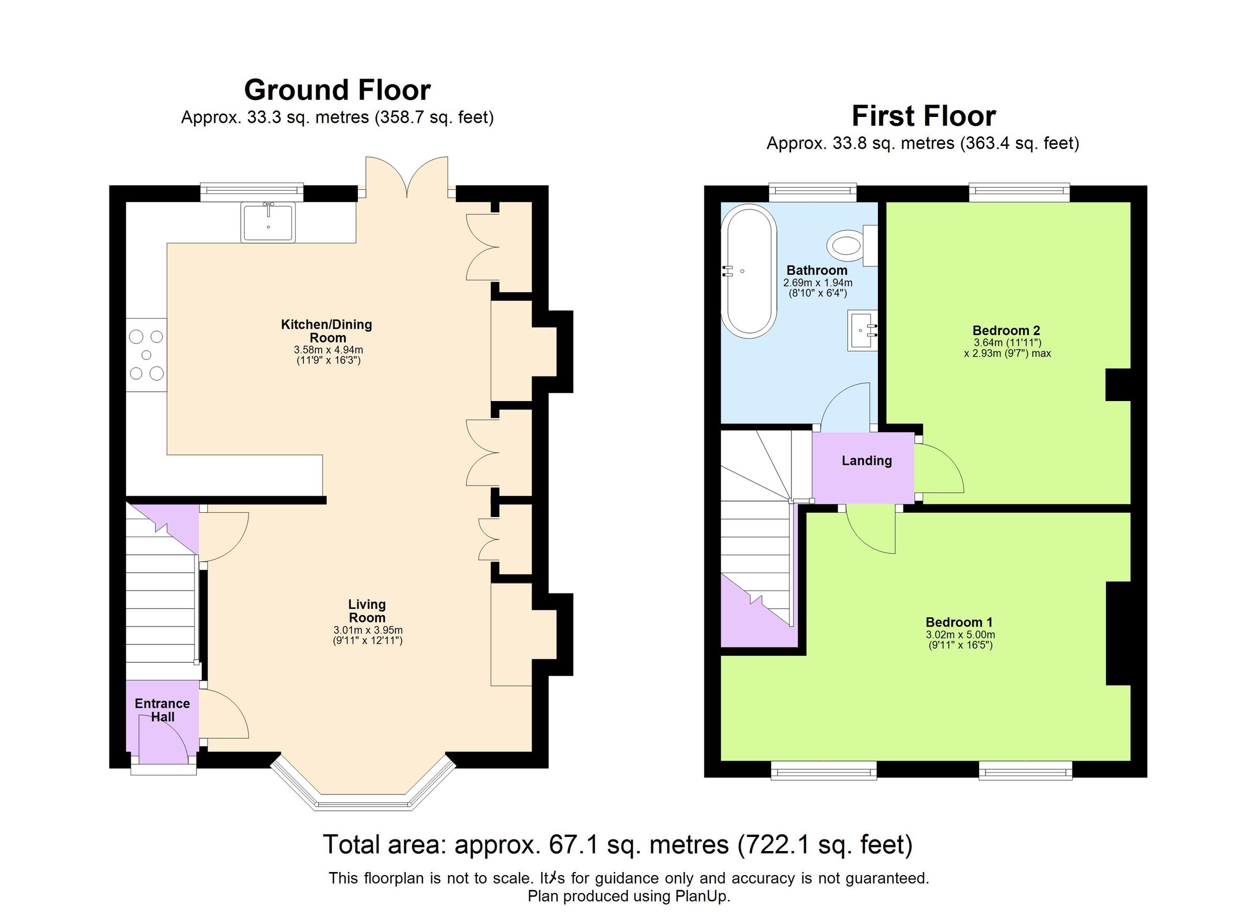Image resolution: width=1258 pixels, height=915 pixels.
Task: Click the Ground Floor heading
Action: tap(337, 90)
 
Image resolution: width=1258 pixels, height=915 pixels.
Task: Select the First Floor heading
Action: tap(924, 116)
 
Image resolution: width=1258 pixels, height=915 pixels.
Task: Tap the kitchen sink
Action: tap(268, 223)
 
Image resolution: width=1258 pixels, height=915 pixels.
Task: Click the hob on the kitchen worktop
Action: tap(146, 354)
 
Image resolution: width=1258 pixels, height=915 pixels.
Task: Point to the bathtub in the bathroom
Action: tap(749, 271)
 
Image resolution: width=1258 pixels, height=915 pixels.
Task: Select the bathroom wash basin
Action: tap(862, 331)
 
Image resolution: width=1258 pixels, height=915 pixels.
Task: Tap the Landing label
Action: tap(866, 460)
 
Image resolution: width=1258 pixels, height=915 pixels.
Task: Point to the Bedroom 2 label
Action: tap(1006, 330)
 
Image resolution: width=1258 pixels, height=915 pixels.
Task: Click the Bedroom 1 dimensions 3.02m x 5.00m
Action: tap(960, 635)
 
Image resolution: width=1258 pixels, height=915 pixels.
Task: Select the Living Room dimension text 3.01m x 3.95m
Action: tap(368, 630)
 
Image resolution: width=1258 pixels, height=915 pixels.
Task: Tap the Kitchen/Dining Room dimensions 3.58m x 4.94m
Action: tap(328, 350)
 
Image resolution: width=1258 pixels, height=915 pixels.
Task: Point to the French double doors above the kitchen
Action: tap(407, 177)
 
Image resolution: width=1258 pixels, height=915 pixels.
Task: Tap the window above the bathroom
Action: tap(812, 192)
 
